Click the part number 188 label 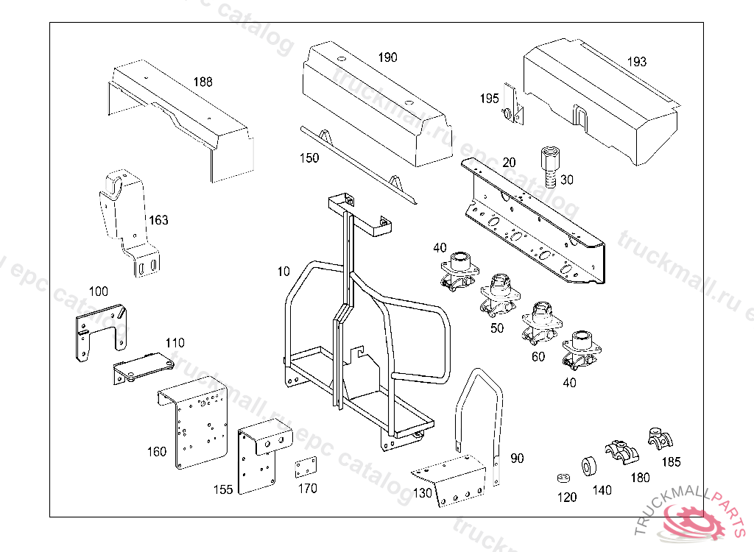pos(202,82)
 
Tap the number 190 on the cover pos(387,57)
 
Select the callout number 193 pos(637,62)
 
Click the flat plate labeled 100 pos(101,331)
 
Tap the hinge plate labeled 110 pos(142,367)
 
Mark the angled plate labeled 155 pos(258,456)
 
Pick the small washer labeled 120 pos(562,478)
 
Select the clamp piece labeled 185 pos(660,439)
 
